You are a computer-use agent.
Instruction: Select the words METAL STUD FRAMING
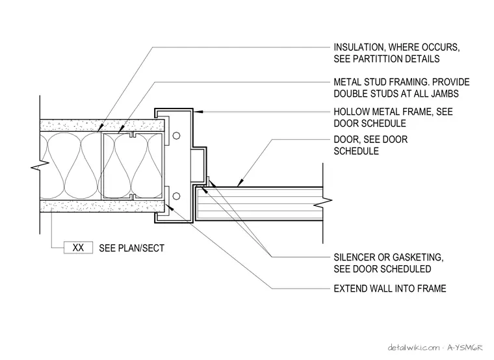(381, 82)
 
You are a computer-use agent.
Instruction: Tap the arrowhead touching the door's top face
(240, 183)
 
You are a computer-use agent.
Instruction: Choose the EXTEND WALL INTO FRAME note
(390, 289)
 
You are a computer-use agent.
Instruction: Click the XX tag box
(78, 248)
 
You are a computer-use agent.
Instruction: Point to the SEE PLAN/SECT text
(132, 248)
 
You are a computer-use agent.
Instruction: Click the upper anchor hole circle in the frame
(176, 136)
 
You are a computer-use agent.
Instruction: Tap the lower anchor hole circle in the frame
(176, 196)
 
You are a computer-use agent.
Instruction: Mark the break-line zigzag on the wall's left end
(40, 165)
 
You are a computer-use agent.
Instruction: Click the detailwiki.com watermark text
(413, 348)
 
